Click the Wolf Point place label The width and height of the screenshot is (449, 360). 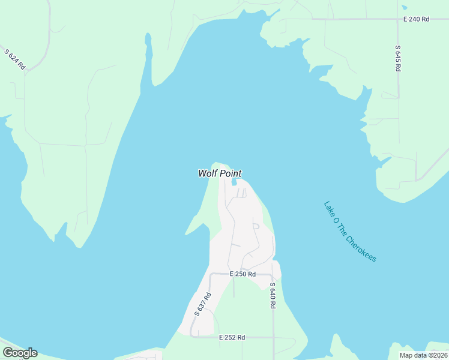coord(220,173)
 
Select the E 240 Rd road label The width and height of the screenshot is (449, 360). coord(416,19)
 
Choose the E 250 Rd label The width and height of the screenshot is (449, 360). coord(243,274)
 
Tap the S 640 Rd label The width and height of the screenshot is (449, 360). coord(273,296)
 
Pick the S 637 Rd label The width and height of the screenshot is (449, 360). coord(203,304)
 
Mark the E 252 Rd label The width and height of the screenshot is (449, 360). coord(232,338)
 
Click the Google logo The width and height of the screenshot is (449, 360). coord(20,353)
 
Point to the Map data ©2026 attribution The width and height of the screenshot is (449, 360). coord(423,355)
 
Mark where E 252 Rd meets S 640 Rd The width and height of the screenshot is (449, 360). coord(274,337)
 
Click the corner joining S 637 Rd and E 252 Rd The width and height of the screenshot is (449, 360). coord(193,335)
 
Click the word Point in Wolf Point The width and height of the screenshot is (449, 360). coord(230,173)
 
